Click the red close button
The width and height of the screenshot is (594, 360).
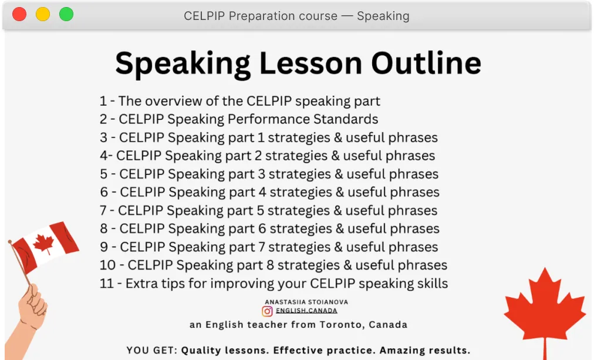19,15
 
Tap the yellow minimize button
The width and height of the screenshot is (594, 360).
43,15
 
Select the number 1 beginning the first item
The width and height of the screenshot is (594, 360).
103,101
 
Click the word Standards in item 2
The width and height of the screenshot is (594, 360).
346,119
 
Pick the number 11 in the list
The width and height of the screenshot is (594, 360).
107,283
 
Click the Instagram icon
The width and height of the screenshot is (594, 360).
267,311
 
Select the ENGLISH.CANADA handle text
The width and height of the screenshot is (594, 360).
306,311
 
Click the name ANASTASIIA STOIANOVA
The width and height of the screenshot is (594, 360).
298,302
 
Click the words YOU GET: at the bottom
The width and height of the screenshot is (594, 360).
151,351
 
